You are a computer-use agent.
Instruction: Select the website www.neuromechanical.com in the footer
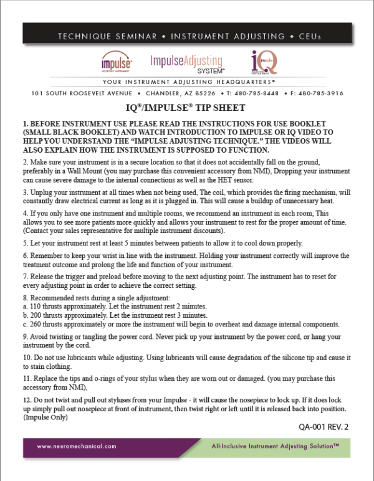point(76,446)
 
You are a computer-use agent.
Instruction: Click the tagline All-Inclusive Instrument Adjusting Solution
point(274,446)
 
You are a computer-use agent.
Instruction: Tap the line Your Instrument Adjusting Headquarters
point(187,82)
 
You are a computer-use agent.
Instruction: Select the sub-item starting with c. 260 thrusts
point(175,324)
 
